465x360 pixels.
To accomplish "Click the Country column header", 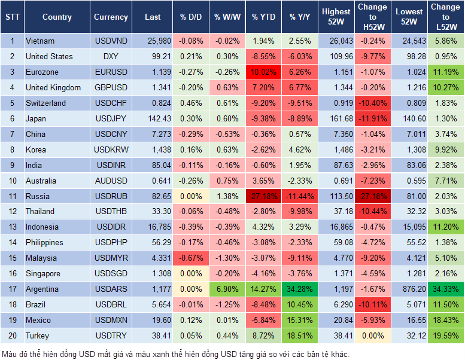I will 57,17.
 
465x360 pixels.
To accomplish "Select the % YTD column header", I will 263,17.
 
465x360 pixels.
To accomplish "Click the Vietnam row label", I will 41,41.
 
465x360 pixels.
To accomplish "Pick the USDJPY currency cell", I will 111,118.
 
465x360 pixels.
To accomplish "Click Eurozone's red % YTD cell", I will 263,72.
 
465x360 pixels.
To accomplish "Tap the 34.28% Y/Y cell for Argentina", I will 300,289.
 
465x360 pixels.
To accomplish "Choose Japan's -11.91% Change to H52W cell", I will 372,118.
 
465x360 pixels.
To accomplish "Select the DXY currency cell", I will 111,57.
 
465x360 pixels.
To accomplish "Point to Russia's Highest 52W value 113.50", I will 336,196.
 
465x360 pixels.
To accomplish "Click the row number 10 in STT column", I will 12,181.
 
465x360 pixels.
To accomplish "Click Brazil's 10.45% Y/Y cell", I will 300,305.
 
